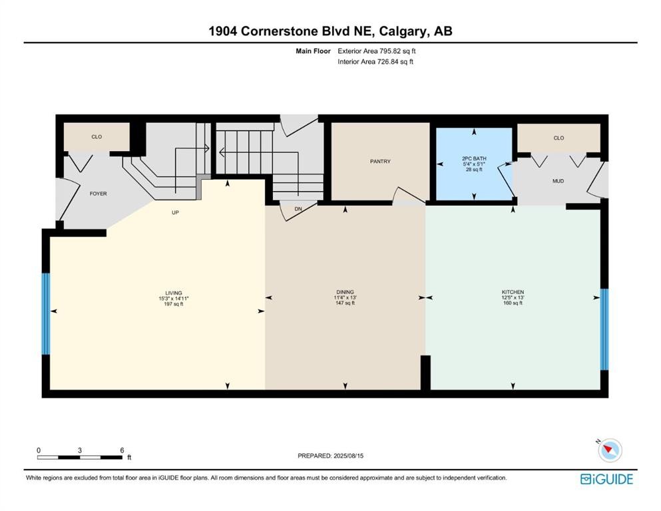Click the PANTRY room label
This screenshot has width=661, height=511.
(x=380, y=161)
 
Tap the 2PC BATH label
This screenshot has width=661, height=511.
(x=474, y=158)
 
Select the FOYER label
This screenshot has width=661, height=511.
(x=99, y=194)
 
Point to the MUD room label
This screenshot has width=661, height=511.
(x=558, y=181)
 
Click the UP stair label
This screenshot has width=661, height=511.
(x=175, y=213)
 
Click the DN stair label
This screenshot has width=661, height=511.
(x=298, y=209)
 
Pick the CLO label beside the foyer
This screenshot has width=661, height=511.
(x=97, y=137)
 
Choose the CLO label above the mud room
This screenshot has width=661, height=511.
(x=558, y=138)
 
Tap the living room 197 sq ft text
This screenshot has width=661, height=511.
(x=174, y=304)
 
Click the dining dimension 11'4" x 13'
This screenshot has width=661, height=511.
(x=345, y=297)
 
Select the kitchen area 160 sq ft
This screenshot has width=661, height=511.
(x=513, y=303)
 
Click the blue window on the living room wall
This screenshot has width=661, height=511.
(x=45, y=314)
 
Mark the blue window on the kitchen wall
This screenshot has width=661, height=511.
(x=604, y=329)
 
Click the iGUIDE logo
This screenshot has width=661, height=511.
(x=606, y=480)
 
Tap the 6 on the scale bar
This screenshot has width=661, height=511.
(x=122, y=450)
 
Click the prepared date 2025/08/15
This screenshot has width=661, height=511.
(x=348, y=456)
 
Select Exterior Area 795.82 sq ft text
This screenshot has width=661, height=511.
(x=377, y=51)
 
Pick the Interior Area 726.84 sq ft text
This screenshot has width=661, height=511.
(x=375, y=61)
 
